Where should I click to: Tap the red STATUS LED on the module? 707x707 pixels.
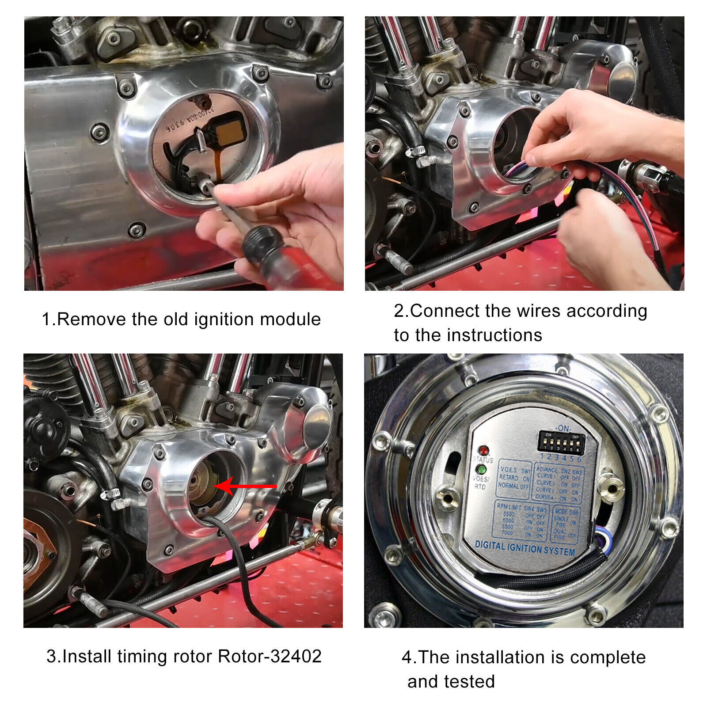483,451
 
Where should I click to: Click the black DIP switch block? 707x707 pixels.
561,443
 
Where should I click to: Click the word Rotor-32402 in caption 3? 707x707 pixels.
270,656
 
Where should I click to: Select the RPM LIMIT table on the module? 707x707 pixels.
521,521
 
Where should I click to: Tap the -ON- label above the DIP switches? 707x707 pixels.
564,428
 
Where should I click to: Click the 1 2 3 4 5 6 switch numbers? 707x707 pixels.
561,458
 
